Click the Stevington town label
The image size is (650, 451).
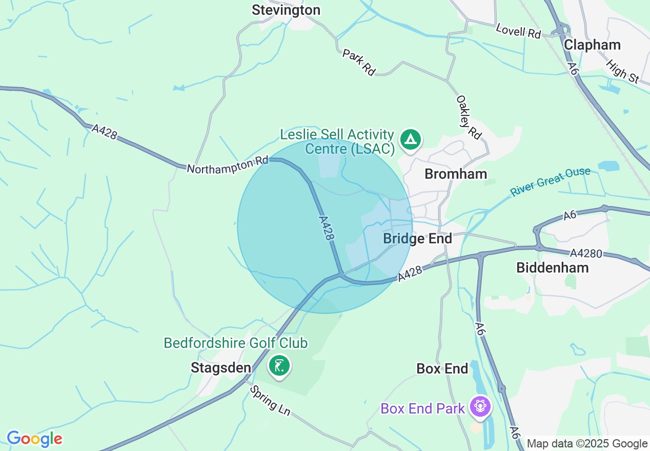point(286,10)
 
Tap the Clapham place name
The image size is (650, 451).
point(592,45)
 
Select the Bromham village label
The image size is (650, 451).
point(456,174)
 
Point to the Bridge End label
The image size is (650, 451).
point(417,238)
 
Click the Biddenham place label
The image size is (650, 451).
point(553,267)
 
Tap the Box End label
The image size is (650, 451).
point(442,368)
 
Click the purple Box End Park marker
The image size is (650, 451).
point(480,406)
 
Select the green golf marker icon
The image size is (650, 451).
point(279,366)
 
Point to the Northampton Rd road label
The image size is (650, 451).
point(228,166)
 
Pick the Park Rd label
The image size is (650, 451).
point(359,63)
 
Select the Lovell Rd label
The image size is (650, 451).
point(518,30)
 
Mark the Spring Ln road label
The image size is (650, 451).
point(270,400)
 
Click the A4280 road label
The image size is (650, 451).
point(586,253)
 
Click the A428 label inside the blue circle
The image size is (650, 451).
point(327,228)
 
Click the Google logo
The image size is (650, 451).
point(34,439)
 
